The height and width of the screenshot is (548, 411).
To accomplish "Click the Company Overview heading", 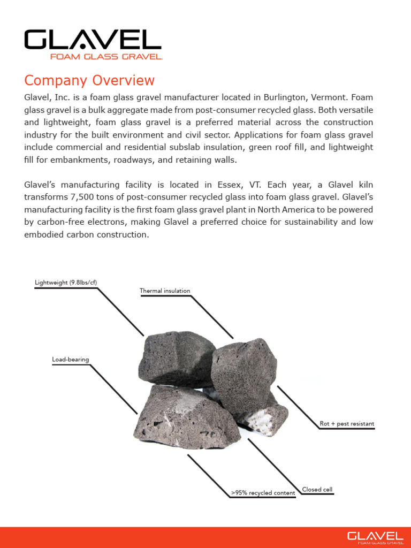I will (x=89, y=81).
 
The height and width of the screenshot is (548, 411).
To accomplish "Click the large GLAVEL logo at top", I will (x=93, y=40).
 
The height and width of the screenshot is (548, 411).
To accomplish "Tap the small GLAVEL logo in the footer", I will (x=375, y=536).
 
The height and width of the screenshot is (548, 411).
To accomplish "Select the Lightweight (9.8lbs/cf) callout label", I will (x=65, y=283).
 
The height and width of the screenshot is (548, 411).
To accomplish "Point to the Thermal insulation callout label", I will (x=165, y=291).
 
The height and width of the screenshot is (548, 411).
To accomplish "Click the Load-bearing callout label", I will (x=70, y=359).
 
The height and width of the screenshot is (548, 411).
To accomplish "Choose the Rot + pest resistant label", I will (x=347, y=424).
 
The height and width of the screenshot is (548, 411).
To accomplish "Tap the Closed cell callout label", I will (x=317, y=489).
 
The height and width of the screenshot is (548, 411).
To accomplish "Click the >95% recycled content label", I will (x=263, y=493).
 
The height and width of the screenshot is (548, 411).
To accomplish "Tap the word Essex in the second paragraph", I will (x=231, y=185).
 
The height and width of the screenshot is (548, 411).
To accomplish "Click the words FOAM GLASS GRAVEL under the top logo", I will (x=106, y=56).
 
